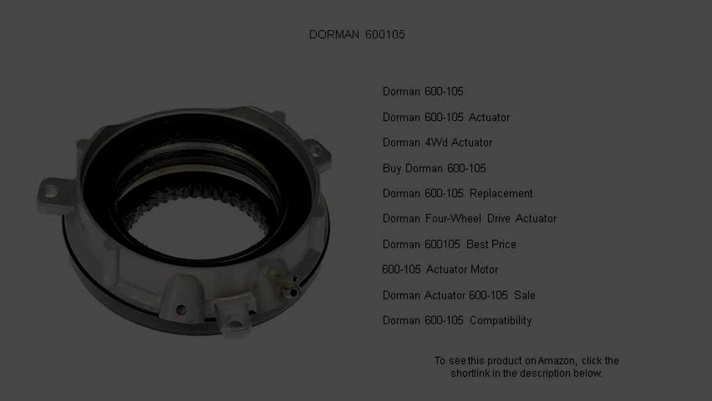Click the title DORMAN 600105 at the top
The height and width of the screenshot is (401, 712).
click(357, 35)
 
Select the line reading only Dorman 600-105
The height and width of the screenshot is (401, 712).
click(423, 91)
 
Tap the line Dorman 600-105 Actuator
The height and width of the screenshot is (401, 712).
click(446, 117)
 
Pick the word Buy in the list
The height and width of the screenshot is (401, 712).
click(392, 168)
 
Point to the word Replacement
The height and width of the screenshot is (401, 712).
click(501, 193)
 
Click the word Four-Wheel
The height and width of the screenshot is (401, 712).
click(453, 219)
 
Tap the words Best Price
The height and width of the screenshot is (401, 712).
click(491, 244)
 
